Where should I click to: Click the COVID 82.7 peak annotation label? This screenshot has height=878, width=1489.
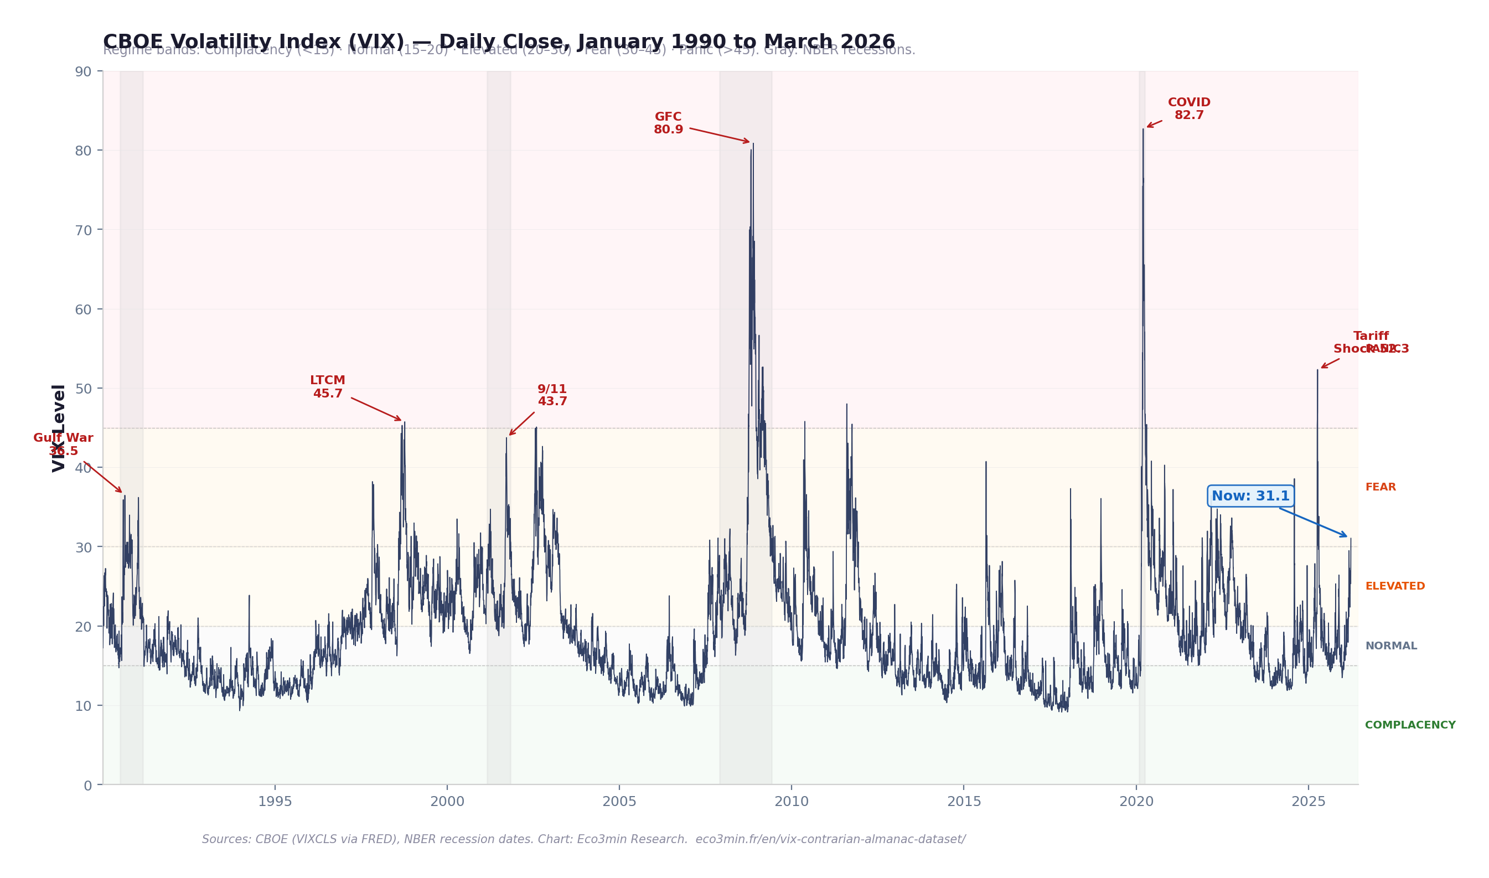point(1188,109)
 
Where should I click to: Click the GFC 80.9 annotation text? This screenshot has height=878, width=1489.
point(668,123)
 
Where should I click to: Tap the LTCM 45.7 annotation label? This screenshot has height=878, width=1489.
point(327,387)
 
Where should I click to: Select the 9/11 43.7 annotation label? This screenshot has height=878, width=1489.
point(552,395)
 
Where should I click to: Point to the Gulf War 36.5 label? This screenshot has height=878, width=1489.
point(63,445)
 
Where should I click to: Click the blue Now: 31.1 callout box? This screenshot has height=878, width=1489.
point(1250,496)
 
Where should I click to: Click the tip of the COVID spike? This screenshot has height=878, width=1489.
point(1143,130)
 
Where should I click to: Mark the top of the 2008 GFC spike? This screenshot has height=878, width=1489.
point(752,144)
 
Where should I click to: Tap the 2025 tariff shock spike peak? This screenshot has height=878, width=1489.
point(1317,370)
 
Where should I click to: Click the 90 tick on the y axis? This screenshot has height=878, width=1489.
point(84,71)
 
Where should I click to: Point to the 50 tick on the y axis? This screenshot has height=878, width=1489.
point(84,389)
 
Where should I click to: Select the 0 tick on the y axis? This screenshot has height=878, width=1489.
point(87,786)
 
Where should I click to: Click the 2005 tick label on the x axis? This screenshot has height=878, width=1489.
point(619,802)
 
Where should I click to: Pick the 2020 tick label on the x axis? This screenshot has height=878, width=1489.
point(1136,802)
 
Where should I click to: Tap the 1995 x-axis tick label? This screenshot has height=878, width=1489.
point(275,802)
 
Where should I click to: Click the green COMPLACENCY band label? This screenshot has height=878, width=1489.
point(1410,725)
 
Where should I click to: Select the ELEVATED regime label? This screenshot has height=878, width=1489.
point(1395,586)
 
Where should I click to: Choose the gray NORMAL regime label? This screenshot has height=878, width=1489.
point(1391,646)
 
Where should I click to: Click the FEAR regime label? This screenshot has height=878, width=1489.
point(1381,488)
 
